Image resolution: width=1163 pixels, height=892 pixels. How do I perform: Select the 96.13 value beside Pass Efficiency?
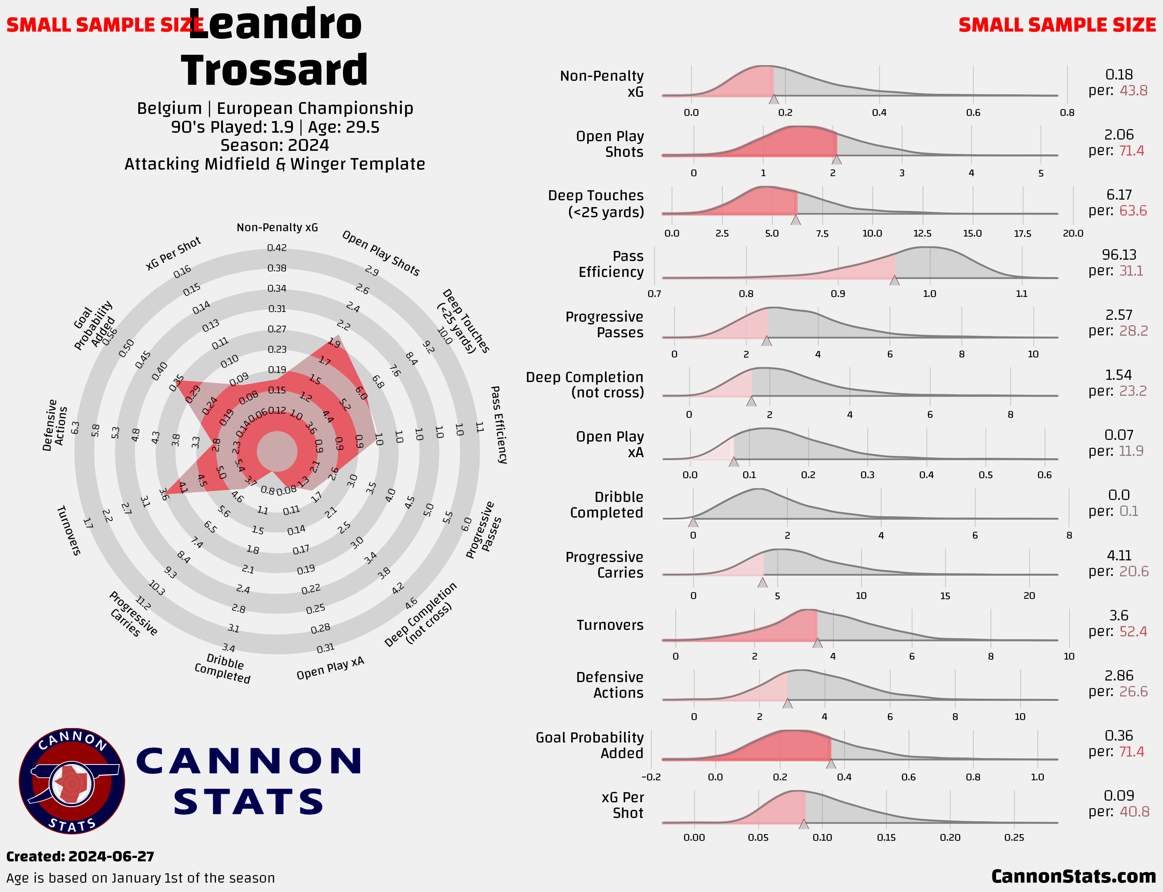[1119, 255]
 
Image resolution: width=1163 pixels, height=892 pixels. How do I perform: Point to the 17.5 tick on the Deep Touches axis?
[1022, 234]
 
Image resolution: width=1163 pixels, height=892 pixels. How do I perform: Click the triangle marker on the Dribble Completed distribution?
[693, 522]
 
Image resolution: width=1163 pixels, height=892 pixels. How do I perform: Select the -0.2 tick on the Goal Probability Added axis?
[651, 777]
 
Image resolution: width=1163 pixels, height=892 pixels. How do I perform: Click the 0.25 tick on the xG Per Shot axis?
[1014, 837]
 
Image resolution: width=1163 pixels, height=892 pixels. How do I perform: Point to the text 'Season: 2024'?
[274, 145]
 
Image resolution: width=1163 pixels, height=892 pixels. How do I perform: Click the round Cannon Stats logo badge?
[72, 781]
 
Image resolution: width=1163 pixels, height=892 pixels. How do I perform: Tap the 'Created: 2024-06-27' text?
[80, 856]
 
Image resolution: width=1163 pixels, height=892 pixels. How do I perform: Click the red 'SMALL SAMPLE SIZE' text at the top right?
[1057, 25]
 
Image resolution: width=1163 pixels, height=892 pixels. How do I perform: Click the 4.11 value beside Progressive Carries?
[1119, 555]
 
